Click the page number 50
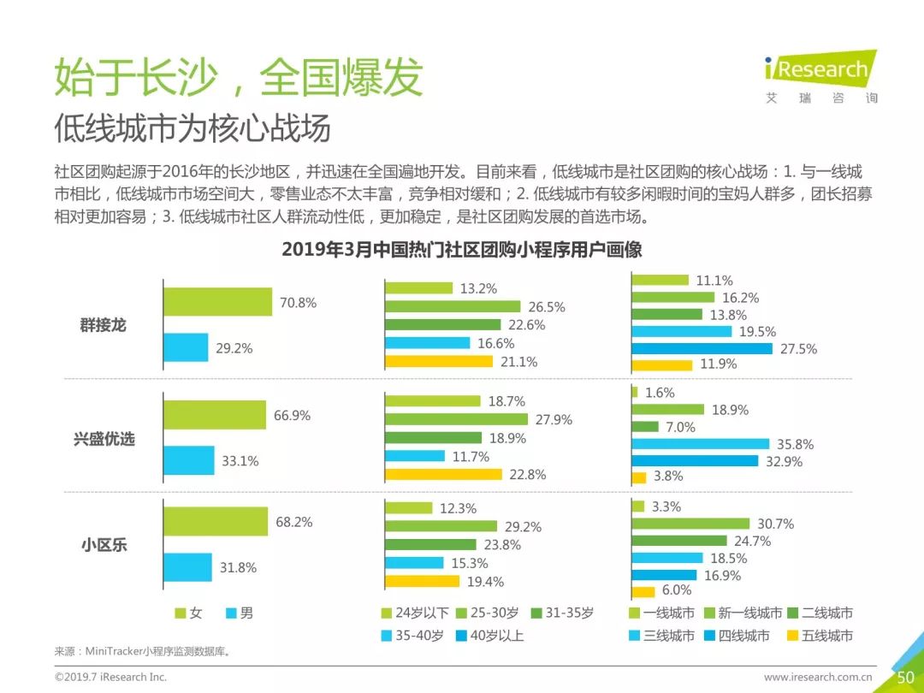tap(905, 677)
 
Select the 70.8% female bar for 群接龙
tap(217, 302)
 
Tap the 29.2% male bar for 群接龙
tap(186, 347)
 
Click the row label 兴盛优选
tap(104, 439)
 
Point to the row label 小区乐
tap(104, 544)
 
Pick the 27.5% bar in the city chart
tap(702, 348)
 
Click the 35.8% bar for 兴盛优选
tap(700, 444)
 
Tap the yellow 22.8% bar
tap(442, 475)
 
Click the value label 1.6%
tap(660, 393)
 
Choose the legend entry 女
tap(189, 613)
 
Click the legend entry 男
tap(240, 613)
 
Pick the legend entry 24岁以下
tap(415, 613)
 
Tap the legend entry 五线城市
tap(819, 636)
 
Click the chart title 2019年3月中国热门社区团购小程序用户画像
tap(462, 250)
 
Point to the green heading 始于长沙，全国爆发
tap(239, 77)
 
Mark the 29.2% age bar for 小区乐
tap(441, 526)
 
